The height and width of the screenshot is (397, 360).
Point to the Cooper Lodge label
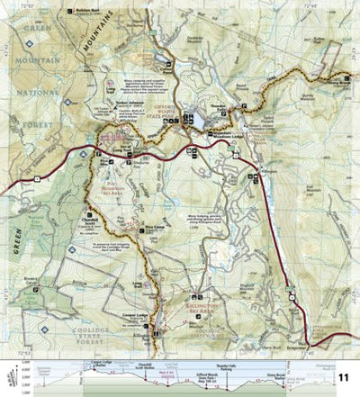click(x=139, y=314)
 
